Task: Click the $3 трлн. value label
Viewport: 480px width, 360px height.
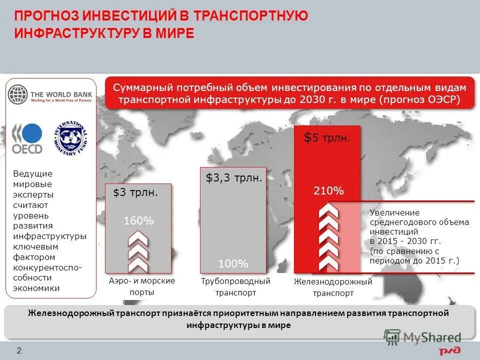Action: [x=135, y=192]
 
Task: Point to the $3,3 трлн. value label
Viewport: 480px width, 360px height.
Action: [x=233, y=177]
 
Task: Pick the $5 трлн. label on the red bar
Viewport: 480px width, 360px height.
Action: [x=327, y=138]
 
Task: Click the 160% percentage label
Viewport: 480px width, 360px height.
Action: [x=138, y=220]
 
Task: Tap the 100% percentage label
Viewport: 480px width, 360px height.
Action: [x=233, y=263]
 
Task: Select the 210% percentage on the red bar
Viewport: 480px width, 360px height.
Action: [x=328, y=190]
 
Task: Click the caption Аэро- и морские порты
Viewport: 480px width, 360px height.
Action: [x=142, y=286]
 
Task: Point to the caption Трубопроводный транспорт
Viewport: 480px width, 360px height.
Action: [x=235, y=286]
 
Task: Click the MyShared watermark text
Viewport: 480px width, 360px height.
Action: [x=432, y=338]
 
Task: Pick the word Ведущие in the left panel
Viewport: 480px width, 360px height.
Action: [x=32, y=173]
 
